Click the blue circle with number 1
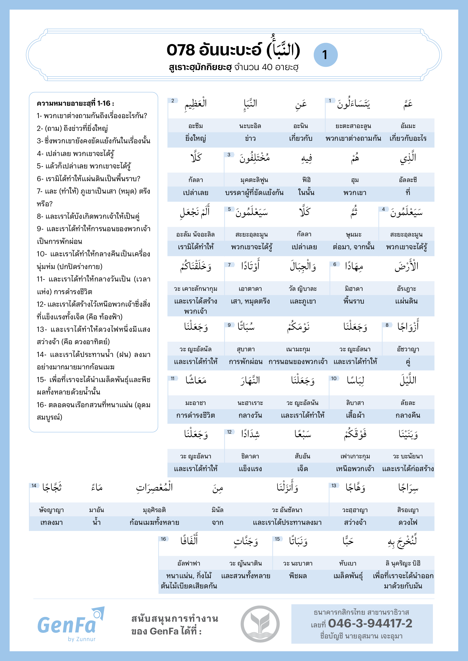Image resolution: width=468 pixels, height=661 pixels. pos(325,55)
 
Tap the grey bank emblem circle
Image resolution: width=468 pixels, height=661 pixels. pos(260,624)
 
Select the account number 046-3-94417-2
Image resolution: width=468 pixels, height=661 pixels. pos(370,623)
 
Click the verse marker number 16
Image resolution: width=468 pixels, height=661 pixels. pos(163,539)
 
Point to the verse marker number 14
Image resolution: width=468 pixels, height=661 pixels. pos(34,486)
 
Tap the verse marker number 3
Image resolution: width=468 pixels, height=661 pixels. pos(229,155)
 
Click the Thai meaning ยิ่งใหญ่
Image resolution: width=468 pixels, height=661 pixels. pos(196,138)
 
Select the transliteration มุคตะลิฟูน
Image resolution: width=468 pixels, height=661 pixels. pos(254,180)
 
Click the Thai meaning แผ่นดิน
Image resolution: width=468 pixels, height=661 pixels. pos(406,301)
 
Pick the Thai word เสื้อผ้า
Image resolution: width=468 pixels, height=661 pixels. pos(355,415)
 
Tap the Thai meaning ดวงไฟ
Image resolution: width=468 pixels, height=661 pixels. pos(408,522)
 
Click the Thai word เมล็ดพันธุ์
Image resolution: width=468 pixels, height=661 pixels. pos(348,576)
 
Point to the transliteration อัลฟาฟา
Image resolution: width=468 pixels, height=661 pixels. pos(189,563)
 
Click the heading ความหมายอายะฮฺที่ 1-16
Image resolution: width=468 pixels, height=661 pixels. pos(75,103)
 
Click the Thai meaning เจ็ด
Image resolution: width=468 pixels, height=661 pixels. pos(302,469)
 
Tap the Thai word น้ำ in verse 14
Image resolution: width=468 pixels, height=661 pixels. pos(96,522)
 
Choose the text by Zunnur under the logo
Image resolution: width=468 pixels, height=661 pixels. pos(81,639)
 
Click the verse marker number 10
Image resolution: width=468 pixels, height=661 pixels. pos(334,378)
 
